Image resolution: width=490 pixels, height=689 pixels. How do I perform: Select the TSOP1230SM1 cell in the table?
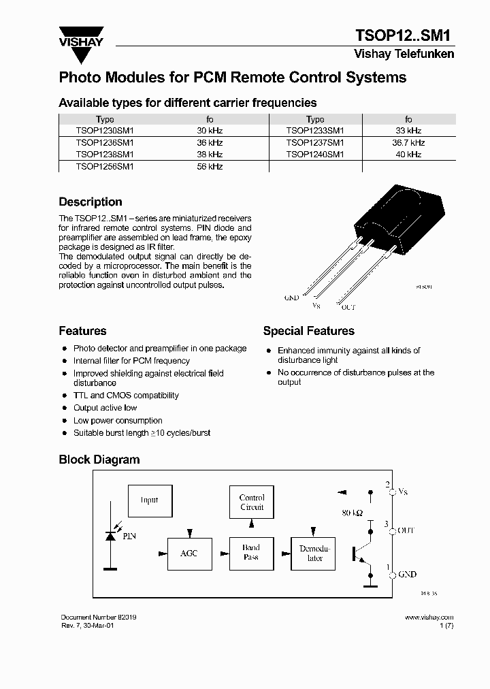pyautogui.click(x=105, y=130)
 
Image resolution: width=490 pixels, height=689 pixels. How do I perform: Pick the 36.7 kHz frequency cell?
pyautogui.click(x=408, y=143)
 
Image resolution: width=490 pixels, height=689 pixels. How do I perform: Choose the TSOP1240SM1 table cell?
pyautogui.click(x=315, y=155)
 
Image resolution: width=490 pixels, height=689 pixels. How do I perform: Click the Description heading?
pyautogui.click(x=91, y=202)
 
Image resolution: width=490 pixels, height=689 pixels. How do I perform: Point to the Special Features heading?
pyautogui.click(x=308, y=332)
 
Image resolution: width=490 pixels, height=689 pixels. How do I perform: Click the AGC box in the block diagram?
pyautogui.click(x=189, y=554)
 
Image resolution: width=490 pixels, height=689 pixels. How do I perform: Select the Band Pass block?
pyautogui.click(x=251, y=552)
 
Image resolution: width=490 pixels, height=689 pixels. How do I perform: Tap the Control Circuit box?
pyautogui.click(x=252, y=502)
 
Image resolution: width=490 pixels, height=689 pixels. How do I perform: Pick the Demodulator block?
pyautogui.click(x=314, y=554)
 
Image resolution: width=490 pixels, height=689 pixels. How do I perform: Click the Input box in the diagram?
pyautogui.click(x=150, y=500)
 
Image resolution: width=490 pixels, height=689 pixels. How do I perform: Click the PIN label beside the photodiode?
pyautogui.click(x=129, y=536)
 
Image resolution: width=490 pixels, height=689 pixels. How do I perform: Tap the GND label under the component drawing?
pyautogui.click(x=291, y=298)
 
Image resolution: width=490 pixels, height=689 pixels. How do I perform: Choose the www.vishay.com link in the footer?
pyautogui.click(x=429, y=618)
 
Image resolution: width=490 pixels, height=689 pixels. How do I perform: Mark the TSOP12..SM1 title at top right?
pyautogui.click(x=404, y=36)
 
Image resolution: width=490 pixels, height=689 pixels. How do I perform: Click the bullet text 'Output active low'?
pyautogui.click(x=105, y=408)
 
